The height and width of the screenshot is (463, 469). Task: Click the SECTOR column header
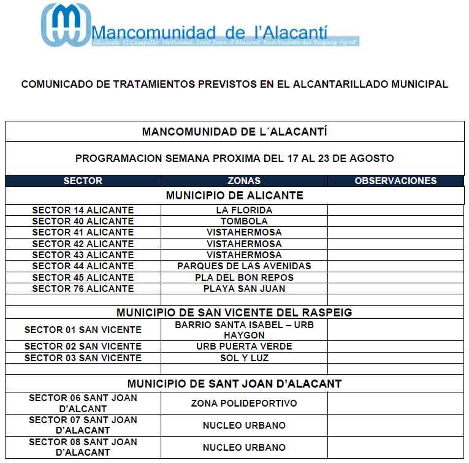pos(83,181)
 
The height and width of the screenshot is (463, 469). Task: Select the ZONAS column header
pos(244,181)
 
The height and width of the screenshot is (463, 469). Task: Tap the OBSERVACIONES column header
pos(395,181)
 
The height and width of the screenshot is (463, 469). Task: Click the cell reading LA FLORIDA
pos(244,210)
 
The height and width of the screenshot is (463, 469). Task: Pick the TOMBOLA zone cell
pos(244,221)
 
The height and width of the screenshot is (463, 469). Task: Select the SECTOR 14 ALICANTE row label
pos(83,210)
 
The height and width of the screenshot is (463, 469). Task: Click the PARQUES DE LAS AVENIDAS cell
pos(244,266)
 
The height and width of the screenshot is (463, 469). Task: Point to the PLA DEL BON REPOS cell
pos(244,277)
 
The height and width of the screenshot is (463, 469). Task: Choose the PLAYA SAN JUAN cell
pos(244,288)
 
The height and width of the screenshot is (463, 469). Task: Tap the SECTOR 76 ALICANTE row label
pos(83,288)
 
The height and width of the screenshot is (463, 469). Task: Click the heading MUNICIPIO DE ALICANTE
pos(234,196)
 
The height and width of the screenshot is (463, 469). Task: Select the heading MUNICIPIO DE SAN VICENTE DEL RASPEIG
pos(234,313)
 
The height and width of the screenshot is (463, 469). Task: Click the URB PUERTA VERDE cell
pos(244,346)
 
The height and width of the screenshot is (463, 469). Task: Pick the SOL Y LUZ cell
pos(244,358)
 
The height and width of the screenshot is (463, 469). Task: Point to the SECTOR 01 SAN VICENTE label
pos(83,330)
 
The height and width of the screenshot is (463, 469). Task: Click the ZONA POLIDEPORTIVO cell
pos(244,404)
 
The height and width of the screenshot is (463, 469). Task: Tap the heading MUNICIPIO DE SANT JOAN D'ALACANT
pos(234,384)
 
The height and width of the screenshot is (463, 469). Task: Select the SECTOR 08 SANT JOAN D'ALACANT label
pos(83,447)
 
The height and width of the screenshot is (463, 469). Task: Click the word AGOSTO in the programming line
pos(373,158)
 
